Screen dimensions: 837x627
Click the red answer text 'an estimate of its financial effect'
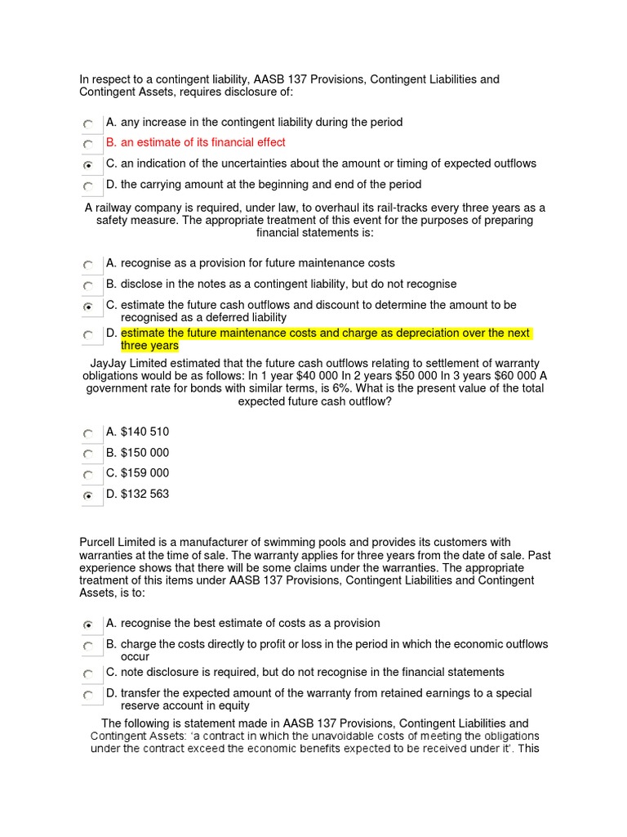coord(203,143)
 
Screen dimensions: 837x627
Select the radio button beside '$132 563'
coord(87,495)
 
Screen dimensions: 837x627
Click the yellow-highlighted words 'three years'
coord(149,346)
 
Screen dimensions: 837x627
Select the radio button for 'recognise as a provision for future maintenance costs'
coord(87,265)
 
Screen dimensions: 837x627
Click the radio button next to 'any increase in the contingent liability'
coord(87,123)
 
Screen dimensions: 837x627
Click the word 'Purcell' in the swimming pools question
coord(99,543)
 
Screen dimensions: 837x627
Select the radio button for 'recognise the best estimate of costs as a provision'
coord(87,624)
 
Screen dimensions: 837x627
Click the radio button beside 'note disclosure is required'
coord(87,674)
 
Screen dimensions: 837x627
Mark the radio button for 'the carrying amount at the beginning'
coord(87,186)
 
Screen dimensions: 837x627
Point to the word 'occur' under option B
coord(136,656)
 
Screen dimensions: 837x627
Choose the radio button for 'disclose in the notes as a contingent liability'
coord(87,286)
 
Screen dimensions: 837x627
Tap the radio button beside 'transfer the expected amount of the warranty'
coord(87,696)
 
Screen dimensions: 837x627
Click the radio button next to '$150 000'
coord(87,454)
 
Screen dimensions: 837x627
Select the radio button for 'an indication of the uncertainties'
coord(87,165)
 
